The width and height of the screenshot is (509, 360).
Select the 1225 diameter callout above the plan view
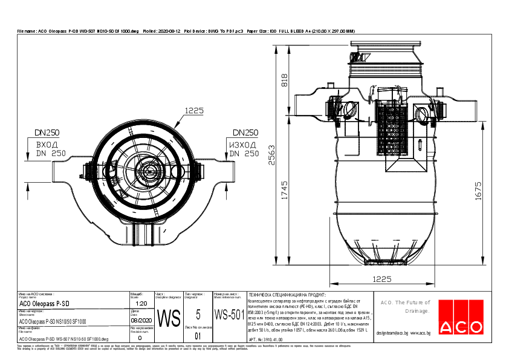pos(193,110)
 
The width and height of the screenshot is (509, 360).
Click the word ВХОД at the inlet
pos(47,145)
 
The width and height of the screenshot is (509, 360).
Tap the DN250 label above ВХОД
pos(46,133)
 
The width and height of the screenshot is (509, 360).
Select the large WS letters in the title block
pos(169,318)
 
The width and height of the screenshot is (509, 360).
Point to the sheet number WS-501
pos(229,315)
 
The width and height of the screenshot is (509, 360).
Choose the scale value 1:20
pos(142,303)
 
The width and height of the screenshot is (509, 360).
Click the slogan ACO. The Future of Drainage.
pos(404,307)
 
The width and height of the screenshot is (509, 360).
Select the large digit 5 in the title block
pos(198,315)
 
